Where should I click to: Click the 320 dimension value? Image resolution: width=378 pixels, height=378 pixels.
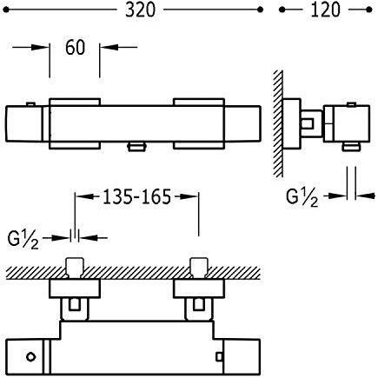coord(141,10)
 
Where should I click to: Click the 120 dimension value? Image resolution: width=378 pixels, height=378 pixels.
coord(325,10)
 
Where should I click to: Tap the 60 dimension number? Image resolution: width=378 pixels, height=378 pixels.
coord(75,48)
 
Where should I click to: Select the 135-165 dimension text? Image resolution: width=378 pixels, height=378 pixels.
coord(136,197)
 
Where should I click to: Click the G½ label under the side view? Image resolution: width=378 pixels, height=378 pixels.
coord(302,198)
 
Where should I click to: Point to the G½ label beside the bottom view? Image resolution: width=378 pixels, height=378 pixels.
coord(23,239)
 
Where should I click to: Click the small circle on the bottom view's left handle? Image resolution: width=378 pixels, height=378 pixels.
coord(30,356)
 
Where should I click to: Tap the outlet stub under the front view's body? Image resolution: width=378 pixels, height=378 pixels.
coord(136,147)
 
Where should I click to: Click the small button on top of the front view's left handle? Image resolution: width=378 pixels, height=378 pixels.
coord(30,104)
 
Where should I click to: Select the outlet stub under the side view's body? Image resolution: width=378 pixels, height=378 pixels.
coord(351,146)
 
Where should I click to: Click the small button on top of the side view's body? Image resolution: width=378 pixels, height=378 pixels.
coord(351,104)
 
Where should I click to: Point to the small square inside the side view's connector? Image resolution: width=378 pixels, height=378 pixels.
coord(308,123)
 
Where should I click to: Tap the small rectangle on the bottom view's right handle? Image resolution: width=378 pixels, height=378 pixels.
coord(220,356)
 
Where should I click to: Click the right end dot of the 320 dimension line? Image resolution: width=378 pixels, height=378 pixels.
coord(260,10)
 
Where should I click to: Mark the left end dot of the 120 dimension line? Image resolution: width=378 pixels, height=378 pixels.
coord(282,10)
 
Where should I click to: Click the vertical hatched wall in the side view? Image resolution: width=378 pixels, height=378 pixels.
coord(278,123)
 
